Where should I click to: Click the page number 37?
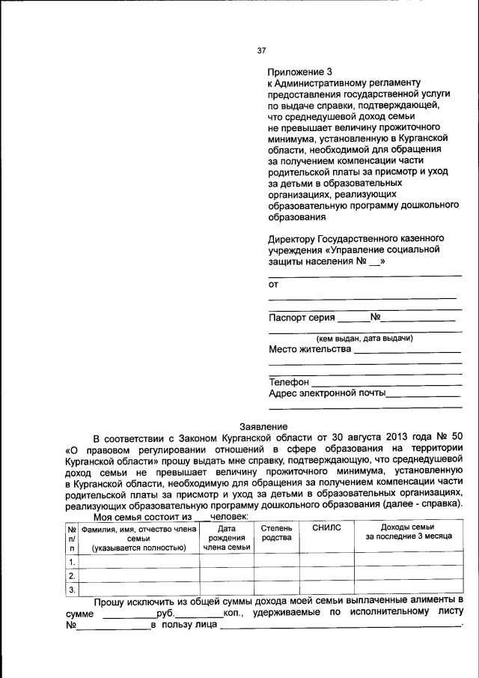(x=261, y=51)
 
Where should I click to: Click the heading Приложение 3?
(x=299, y=71)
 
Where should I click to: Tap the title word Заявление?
(x=262, y=426)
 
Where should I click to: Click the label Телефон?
(x=289, y=382)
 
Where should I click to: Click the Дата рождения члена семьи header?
(x=226, y=538)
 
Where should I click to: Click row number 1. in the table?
(x=72, y=562)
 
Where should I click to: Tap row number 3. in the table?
(x=72, y=590)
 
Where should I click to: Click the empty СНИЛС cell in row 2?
(x=326, y=576)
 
